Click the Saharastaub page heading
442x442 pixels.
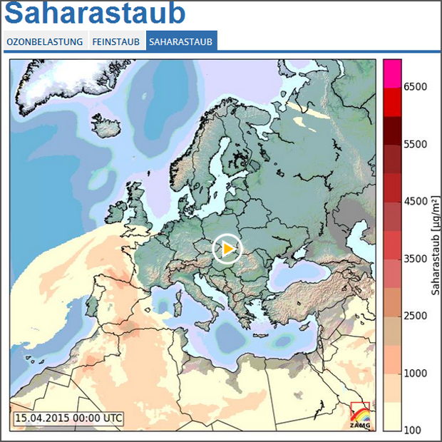tap(96, 14)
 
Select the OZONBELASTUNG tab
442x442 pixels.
tap(45, 42)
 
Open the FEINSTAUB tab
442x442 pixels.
tap(116, 42)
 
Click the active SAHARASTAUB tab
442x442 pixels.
tap(181, 42)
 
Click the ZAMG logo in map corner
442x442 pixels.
tap(360, 415)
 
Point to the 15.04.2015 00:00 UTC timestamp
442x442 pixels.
tap(69, 418)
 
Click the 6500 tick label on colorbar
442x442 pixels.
tap(415, 87)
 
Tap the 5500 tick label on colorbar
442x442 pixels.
tap(415, 144)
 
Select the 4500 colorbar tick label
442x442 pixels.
tap(415, 201)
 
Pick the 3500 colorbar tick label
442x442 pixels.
tap(415, 259)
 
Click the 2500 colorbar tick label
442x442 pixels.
tap(415, 316)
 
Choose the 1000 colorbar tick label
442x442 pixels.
tap(415, 373)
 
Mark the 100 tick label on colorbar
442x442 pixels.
tap(413, 430)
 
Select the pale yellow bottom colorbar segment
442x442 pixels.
tap(393, 416)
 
